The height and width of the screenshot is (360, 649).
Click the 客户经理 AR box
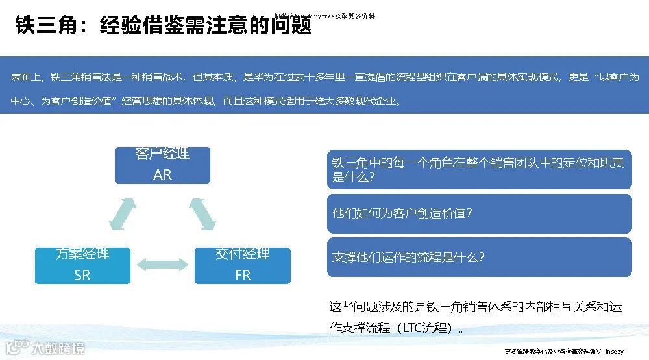(x=162, y=165)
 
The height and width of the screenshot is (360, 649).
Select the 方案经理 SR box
(x=82, y=265)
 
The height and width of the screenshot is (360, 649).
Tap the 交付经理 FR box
(x=242, y=265)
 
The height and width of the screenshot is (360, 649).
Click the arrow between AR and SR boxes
(x=123, y=213)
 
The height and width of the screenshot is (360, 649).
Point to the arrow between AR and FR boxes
(x=202, y=213)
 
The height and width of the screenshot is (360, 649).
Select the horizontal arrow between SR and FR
(x=162, y=265)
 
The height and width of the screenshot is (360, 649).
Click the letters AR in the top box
(x=162, y=174)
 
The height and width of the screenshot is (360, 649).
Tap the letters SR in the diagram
(x=82, y=275)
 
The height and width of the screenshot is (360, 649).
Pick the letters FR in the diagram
(x=242, y=275)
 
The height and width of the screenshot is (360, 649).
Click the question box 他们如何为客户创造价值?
(x=479, y=213)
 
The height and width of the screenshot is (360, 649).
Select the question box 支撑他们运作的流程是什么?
(x=479, y=257)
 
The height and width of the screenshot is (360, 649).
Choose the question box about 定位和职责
(x=479, y=169)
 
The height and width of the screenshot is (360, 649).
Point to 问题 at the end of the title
(x=291, y=25)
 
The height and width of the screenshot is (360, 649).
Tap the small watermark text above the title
(x=324, y=16)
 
